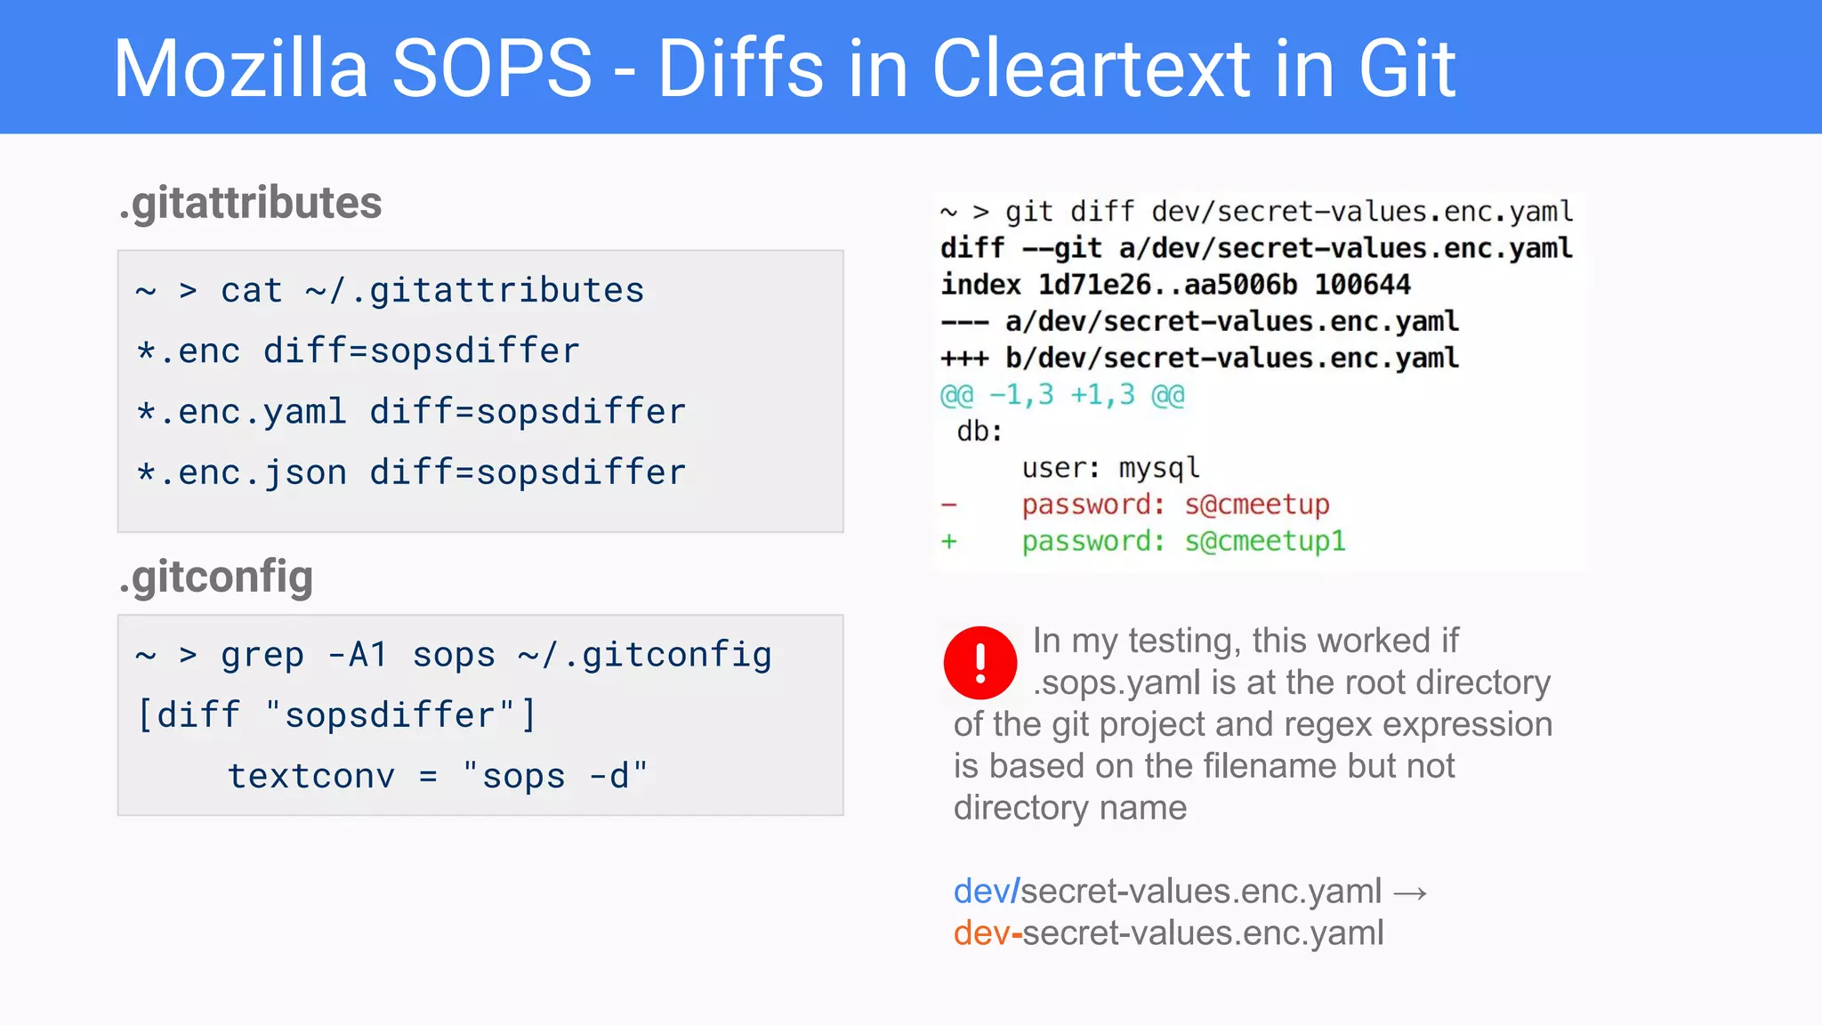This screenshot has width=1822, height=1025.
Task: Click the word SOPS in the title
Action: pyautogui.click(x=491, y=69)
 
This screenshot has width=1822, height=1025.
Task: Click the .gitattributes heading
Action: pyautogui.click(x=250, y=203)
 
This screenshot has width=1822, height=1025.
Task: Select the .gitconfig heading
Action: pyautogui.click(x=215, y=577)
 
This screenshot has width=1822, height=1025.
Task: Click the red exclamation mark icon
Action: pyautogui.click(x=980, y=662)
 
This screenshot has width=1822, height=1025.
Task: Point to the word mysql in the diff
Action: pyautogui.click(x=1158, y=468)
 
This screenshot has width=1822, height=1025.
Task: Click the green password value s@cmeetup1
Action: pyautogui.click(x=1264, y=541)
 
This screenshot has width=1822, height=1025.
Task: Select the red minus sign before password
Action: pyautogui.click(x=949, y=505)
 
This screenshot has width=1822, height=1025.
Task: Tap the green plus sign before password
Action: pyautogui.click(x=949, y=541)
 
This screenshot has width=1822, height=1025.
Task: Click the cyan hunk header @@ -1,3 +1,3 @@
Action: pyautogui.click(x=1062, y=395)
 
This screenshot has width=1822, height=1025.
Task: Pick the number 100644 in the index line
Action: pyautogui.click(x=1362, y=285)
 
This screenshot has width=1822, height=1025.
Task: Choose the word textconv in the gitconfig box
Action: pyautogui.click(x=310, y=776)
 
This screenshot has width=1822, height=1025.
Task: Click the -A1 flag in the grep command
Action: pyautogui.click(x=357, y=656)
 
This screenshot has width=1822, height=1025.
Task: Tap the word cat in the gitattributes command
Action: pyautogui.click(x=252, y=291)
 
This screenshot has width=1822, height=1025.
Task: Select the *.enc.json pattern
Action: pyautogui.click(x=241, y=472)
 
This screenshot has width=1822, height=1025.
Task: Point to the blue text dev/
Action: pyautogui.click(x=986, y=891)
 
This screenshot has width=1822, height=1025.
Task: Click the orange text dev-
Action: pyautogui.click(x=988, y=933)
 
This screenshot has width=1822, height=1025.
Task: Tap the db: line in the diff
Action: pyautogui.click(x=980, y=432)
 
